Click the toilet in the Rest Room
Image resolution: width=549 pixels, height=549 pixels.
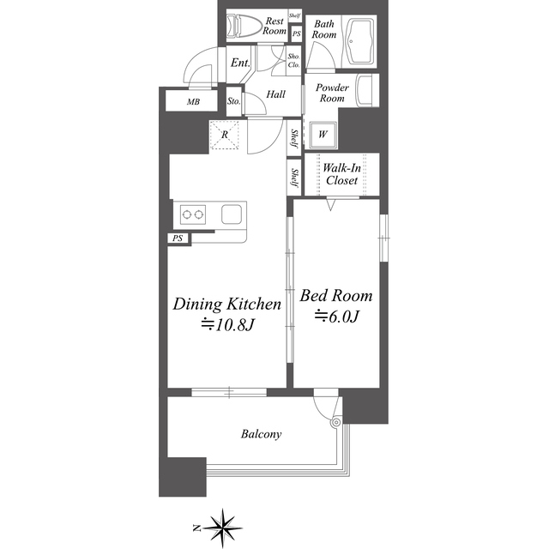(x=244, y=27)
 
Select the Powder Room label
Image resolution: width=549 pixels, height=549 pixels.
(x=332, y=93)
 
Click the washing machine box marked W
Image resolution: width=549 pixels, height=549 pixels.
(x=323, y=135)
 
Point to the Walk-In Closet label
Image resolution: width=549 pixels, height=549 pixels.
(x=341, y=174)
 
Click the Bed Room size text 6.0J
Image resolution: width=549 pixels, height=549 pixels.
(x=337, y=317)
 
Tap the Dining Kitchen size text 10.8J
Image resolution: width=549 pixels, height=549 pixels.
(x=227, y=325)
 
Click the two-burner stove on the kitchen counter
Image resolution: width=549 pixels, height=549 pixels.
(x=193, y=214)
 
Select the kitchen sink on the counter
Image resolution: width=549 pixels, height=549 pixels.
(x=232, y=214)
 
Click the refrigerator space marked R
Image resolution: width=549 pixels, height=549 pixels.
(x=225, y=135)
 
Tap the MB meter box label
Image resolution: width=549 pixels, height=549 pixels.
(x=193, y=102)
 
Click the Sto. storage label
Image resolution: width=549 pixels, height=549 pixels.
(x=233, y=101)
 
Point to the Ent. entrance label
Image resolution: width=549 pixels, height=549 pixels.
(x=240, y=63)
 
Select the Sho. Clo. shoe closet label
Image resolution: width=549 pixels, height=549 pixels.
(x=293, y=61)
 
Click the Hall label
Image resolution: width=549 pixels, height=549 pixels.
(x=276, y=94)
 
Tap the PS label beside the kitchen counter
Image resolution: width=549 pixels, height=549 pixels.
(x=178, y=238)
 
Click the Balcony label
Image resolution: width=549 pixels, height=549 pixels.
(x=261, y=434)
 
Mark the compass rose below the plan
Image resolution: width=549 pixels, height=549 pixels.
(x=220, y=528)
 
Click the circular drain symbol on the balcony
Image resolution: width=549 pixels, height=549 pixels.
(x=336, y=422)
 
